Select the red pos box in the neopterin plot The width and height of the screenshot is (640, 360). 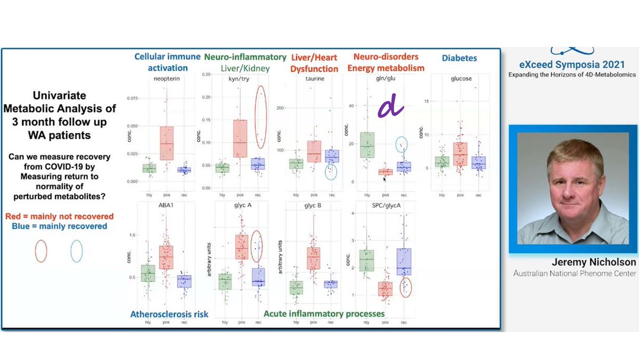pyautogui.click(x=167, y=143)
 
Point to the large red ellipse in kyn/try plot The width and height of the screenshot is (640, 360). pyautogui.click(x=261, y=116)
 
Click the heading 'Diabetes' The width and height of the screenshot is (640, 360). pyautogui.click(x=459, y=58)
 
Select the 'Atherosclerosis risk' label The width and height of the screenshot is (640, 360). pyautogui.click(x=169, y=315)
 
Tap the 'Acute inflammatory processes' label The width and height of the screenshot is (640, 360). pyautogui.click(x=324, y=314)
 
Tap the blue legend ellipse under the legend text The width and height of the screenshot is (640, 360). pyautogui.click(x=77, y=251)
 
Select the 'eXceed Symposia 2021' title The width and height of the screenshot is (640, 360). pyautogui.click(x=571, y=66)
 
